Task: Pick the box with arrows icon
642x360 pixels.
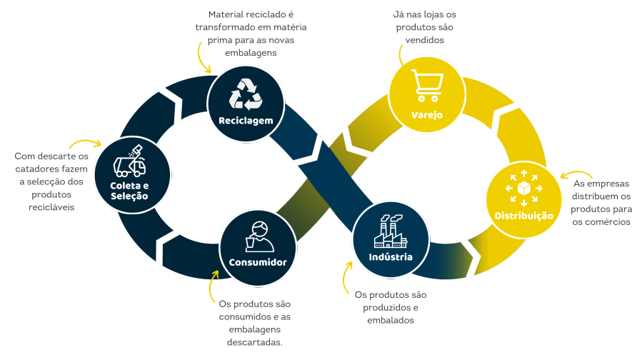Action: coord(524,187)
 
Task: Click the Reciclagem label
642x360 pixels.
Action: coord(246,121)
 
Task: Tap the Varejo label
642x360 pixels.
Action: coord(427,114)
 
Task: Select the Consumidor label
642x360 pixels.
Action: coord(258,262)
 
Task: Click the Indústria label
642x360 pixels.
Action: coord(391,256)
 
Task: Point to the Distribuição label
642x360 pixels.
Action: coord(524,215)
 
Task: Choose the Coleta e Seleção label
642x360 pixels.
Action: coord(129,191)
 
